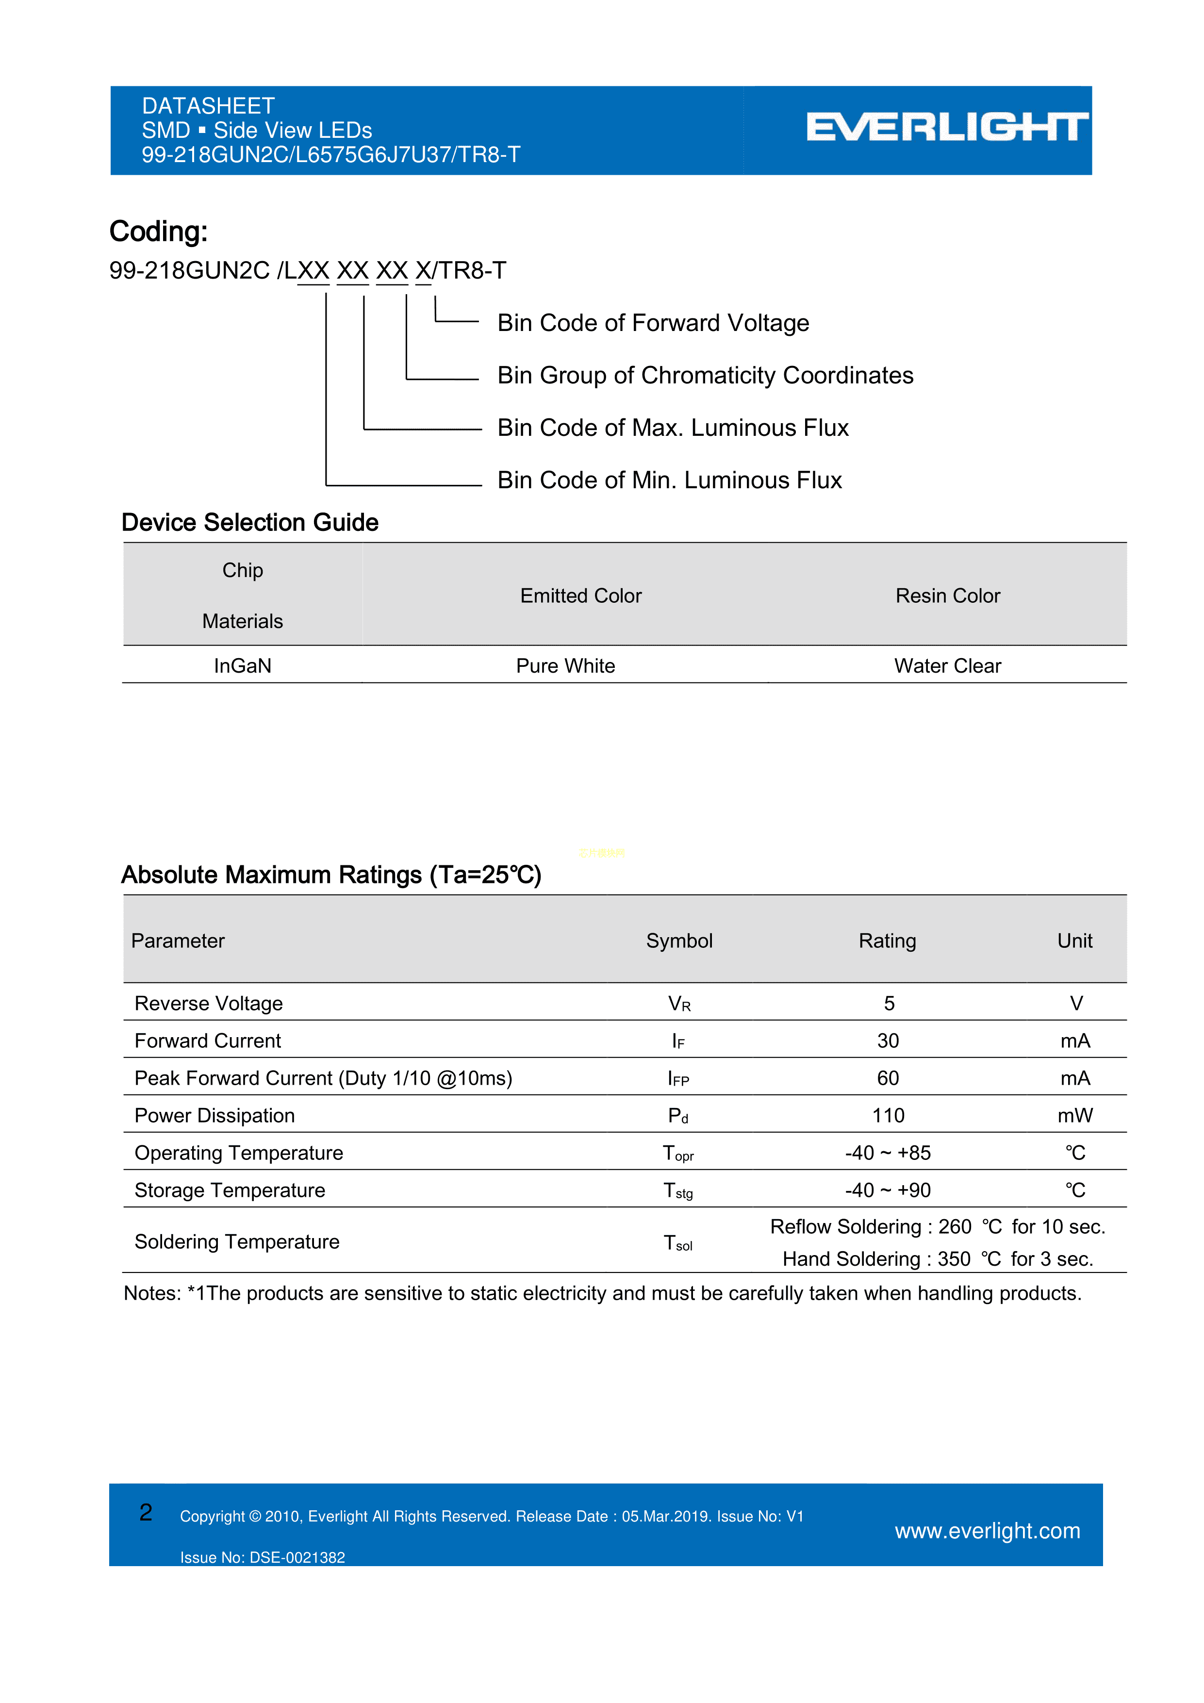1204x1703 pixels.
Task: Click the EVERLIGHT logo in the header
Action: pyautogui.click(x=947, y=128)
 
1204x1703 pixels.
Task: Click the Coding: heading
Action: pyautogui.click(x=158, y=231)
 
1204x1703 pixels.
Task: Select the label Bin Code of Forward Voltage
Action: pyautogui.click(x=653, y=323)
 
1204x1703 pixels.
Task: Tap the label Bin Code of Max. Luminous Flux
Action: pyautogui.click(x=673, y=428)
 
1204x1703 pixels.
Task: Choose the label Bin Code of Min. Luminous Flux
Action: pyautogui.click(x=669, y=480)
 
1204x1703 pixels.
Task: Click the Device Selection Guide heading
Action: pyautogui.click(x=250, y=522)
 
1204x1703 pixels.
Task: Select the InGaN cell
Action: pyautogui.click(x=243, y=665)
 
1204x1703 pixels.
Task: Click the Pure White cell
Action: pyautogui.click(x=565, y=665)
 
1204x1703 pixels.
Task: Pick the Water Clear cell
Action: pyautogui.click(x=947, y=665)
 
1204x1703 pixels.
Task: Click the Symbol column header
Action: pyautogui.click(x=679, y=941)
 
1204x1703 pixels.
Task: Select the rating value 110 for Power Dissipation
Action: pyautogui.click(x=888, y=1116)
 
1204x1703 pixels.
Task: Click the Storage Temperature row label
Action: pyautogui.click(x=230, y=1190)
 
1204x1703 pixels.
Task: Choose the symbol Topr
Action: pyautogui.click(x=678, y=1154)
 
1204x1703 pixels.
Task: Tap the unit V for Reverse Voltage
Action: pyautogui.click(x=1076, y=1004)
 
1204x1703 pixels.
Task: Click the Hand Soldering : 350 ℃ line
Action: pyautogui.click(x=938, y=1259)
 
